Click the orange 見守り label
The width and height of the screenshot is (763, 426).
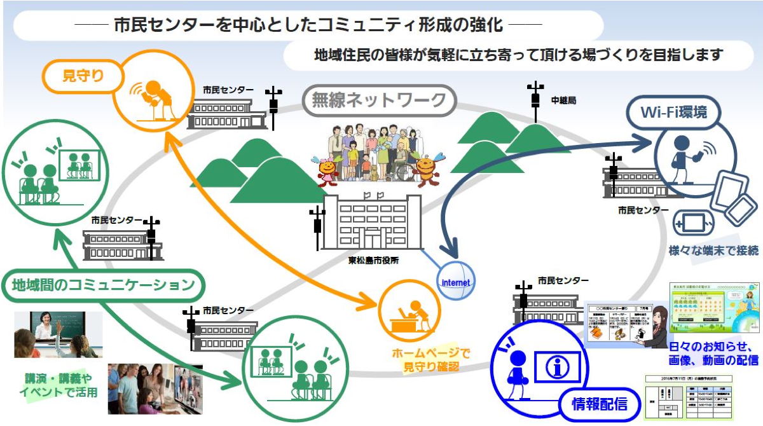(83, 76)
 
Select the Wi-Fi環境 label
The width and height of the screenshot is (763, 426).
(673, 113)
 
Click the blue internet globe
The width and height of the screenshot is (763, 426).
(455, 280)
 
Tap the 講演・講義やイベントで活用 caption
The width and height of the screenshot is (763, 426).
(58, 385)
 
